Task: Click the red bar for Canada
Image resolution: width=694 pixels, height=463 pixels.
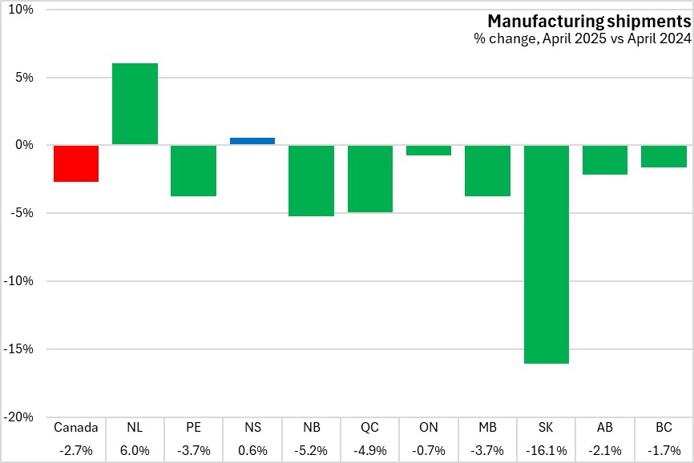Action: coord(76,163)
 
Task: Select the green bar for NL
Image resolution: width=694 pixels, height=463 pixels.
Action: coord(135,104)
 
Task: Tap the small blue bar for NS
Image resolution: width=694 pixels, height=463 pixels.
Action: coord(252,141)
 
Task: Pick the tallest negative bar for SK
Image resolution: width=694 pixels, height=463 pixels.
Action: coord(547,254)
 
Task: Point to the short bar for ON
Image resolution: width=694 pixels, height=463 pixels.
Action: coord(429,150)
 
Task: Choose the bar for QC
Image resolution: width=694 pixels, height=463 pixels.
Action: coord(370,179)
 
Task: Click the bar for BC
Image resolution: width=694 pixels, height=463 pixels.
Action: coord(664,156)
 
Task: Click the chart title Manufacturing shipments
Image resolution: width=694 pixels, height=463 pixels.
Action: coord(589,21)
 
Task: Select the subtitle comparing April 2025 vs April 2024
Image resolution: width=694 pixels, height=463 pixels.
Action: coord(582,38)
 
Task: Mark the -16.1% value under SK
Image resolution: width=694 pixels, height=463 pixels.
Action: coord(547,450)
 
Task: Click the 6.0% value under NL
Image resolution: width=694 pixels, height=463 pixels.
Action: coord(135,450)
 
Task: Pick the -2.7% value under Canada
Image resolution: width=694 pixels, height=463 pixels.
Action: coord(76,450)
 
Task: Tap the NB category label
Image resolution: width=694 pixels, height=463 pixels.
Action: coord(311,428)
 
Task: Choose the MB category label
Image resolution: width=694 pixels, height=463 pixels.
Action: coord(488,428)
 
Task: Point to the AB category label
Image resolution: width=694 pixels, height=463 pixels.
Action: coord(605,428)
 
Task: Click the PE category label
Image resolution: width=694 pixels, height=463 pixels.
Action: coord(193,428)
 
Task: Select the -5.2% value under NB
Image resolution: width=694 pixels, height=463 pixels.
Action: coord(311,450)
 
